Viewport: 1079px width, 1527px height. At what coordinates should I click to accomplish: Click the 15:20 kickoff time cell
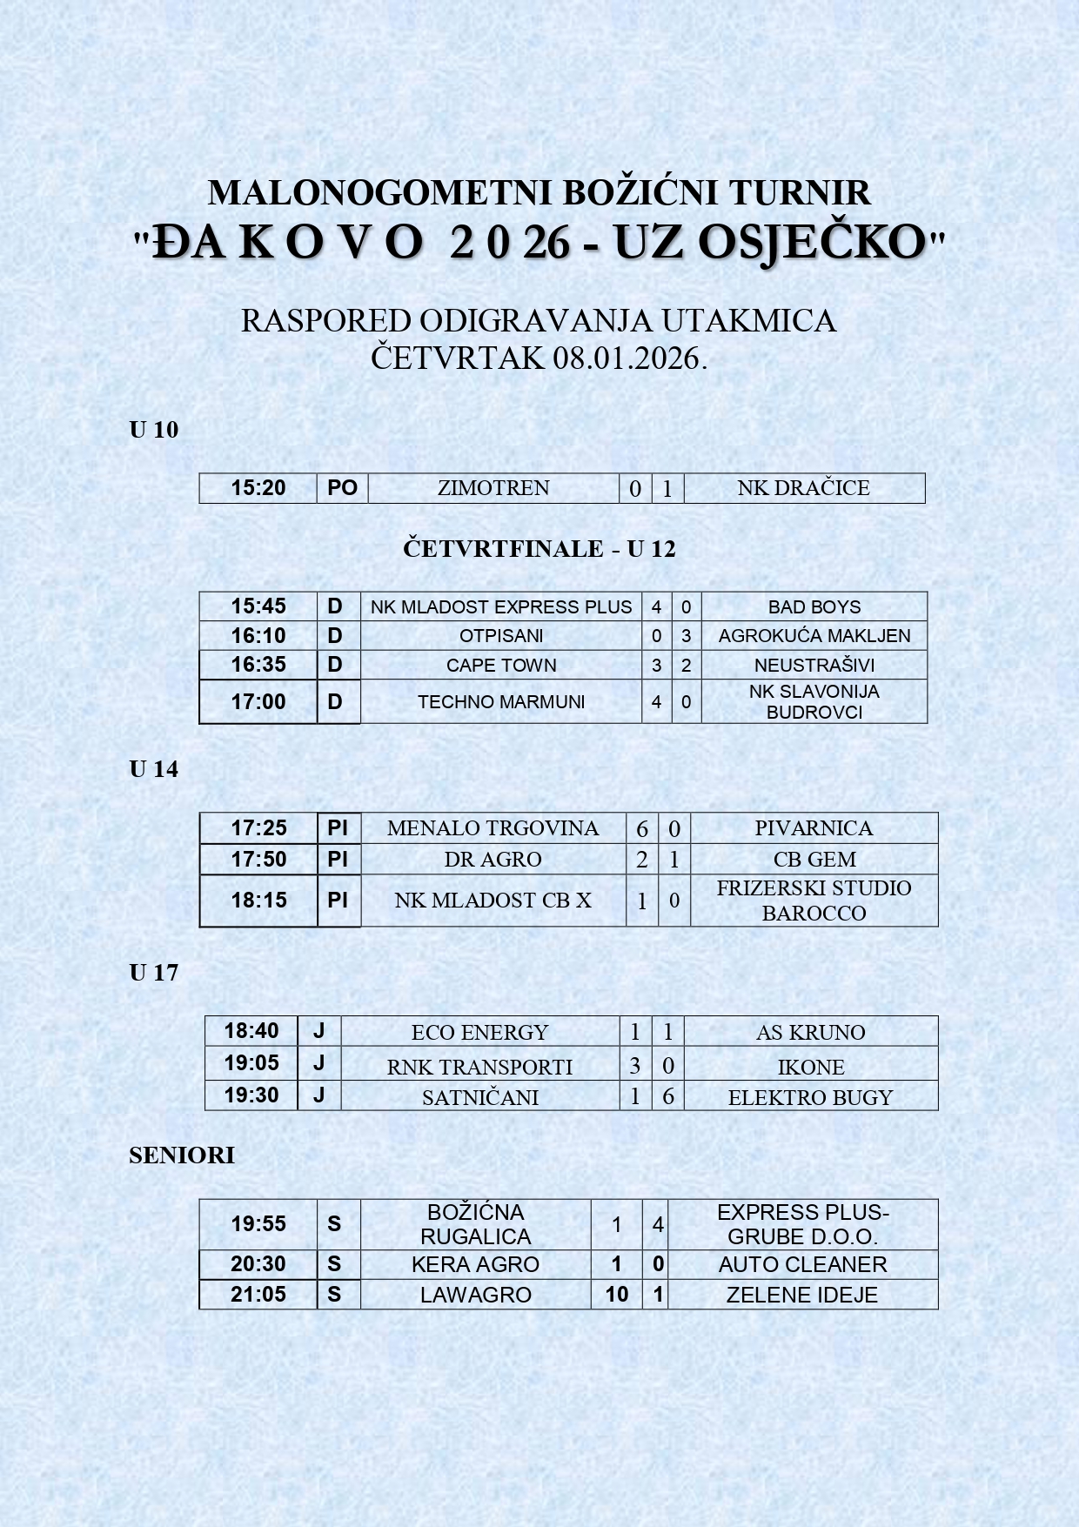(x=258, y=488)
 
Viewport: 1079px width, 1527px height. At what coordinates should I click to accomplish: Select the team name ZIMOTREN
(x=493, y=488)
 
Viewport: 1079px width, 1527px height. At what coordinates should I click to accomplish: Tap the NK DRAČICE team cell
(x=803, y=488)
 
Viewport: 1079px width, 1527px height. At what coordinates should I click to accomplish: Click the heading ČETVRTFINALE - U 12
(x=539, y=549)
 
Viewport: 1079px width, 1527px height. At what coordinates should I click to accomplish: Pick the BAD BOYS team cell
(x=814, y=607)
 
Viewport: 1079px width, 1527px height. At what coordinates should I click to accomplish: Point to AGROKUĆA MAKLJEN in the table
(x=814, y=636)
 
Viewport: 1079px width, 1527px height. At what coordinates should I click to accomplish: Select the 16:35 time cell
(x=258, y=665)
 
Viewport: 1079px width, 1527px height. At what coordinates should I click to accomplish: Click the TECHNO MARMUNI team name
(x=501, y=702)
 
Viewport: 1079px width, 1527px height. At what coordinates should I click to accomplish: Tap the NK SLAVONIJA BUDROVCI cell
(x=814, y=702)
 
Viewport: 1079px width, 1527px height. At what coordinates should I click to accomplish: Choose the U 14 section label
(x=154, y=769)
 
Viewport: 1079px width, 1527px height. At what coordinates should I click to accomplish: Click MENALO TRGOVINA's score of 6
(x=642, y=829)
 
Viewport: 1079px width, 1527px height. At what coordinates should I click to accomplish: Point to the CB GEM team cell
(x=814, y=860)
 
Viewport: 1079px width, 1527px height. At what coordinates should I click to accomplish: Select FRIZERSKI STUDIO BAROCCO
(x=814, y=901)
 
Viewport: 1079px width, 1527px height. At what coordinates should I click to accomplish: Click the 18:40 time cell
(x=251, y=1031)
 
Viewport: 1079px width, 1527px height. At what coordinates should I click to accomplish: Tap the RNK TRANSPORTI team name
(x=479, y=1067)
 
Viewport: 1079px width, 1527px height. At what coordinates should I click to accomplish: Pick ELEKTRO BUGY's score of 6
(x=668, y=1096)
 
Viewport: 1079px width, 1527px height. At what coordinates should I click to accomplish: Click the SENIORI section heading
(x=182, y=1155)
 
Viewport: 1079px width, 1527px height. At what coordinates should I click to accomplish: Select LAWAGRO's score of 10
(x=617, y=1295)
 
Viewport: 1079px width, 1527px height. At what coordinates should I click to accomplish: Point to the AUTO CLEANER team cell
(x=802, y=1265)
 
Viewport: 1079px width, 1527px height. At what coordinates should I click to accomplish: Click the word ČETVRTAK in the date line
(x=458, y=358)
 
